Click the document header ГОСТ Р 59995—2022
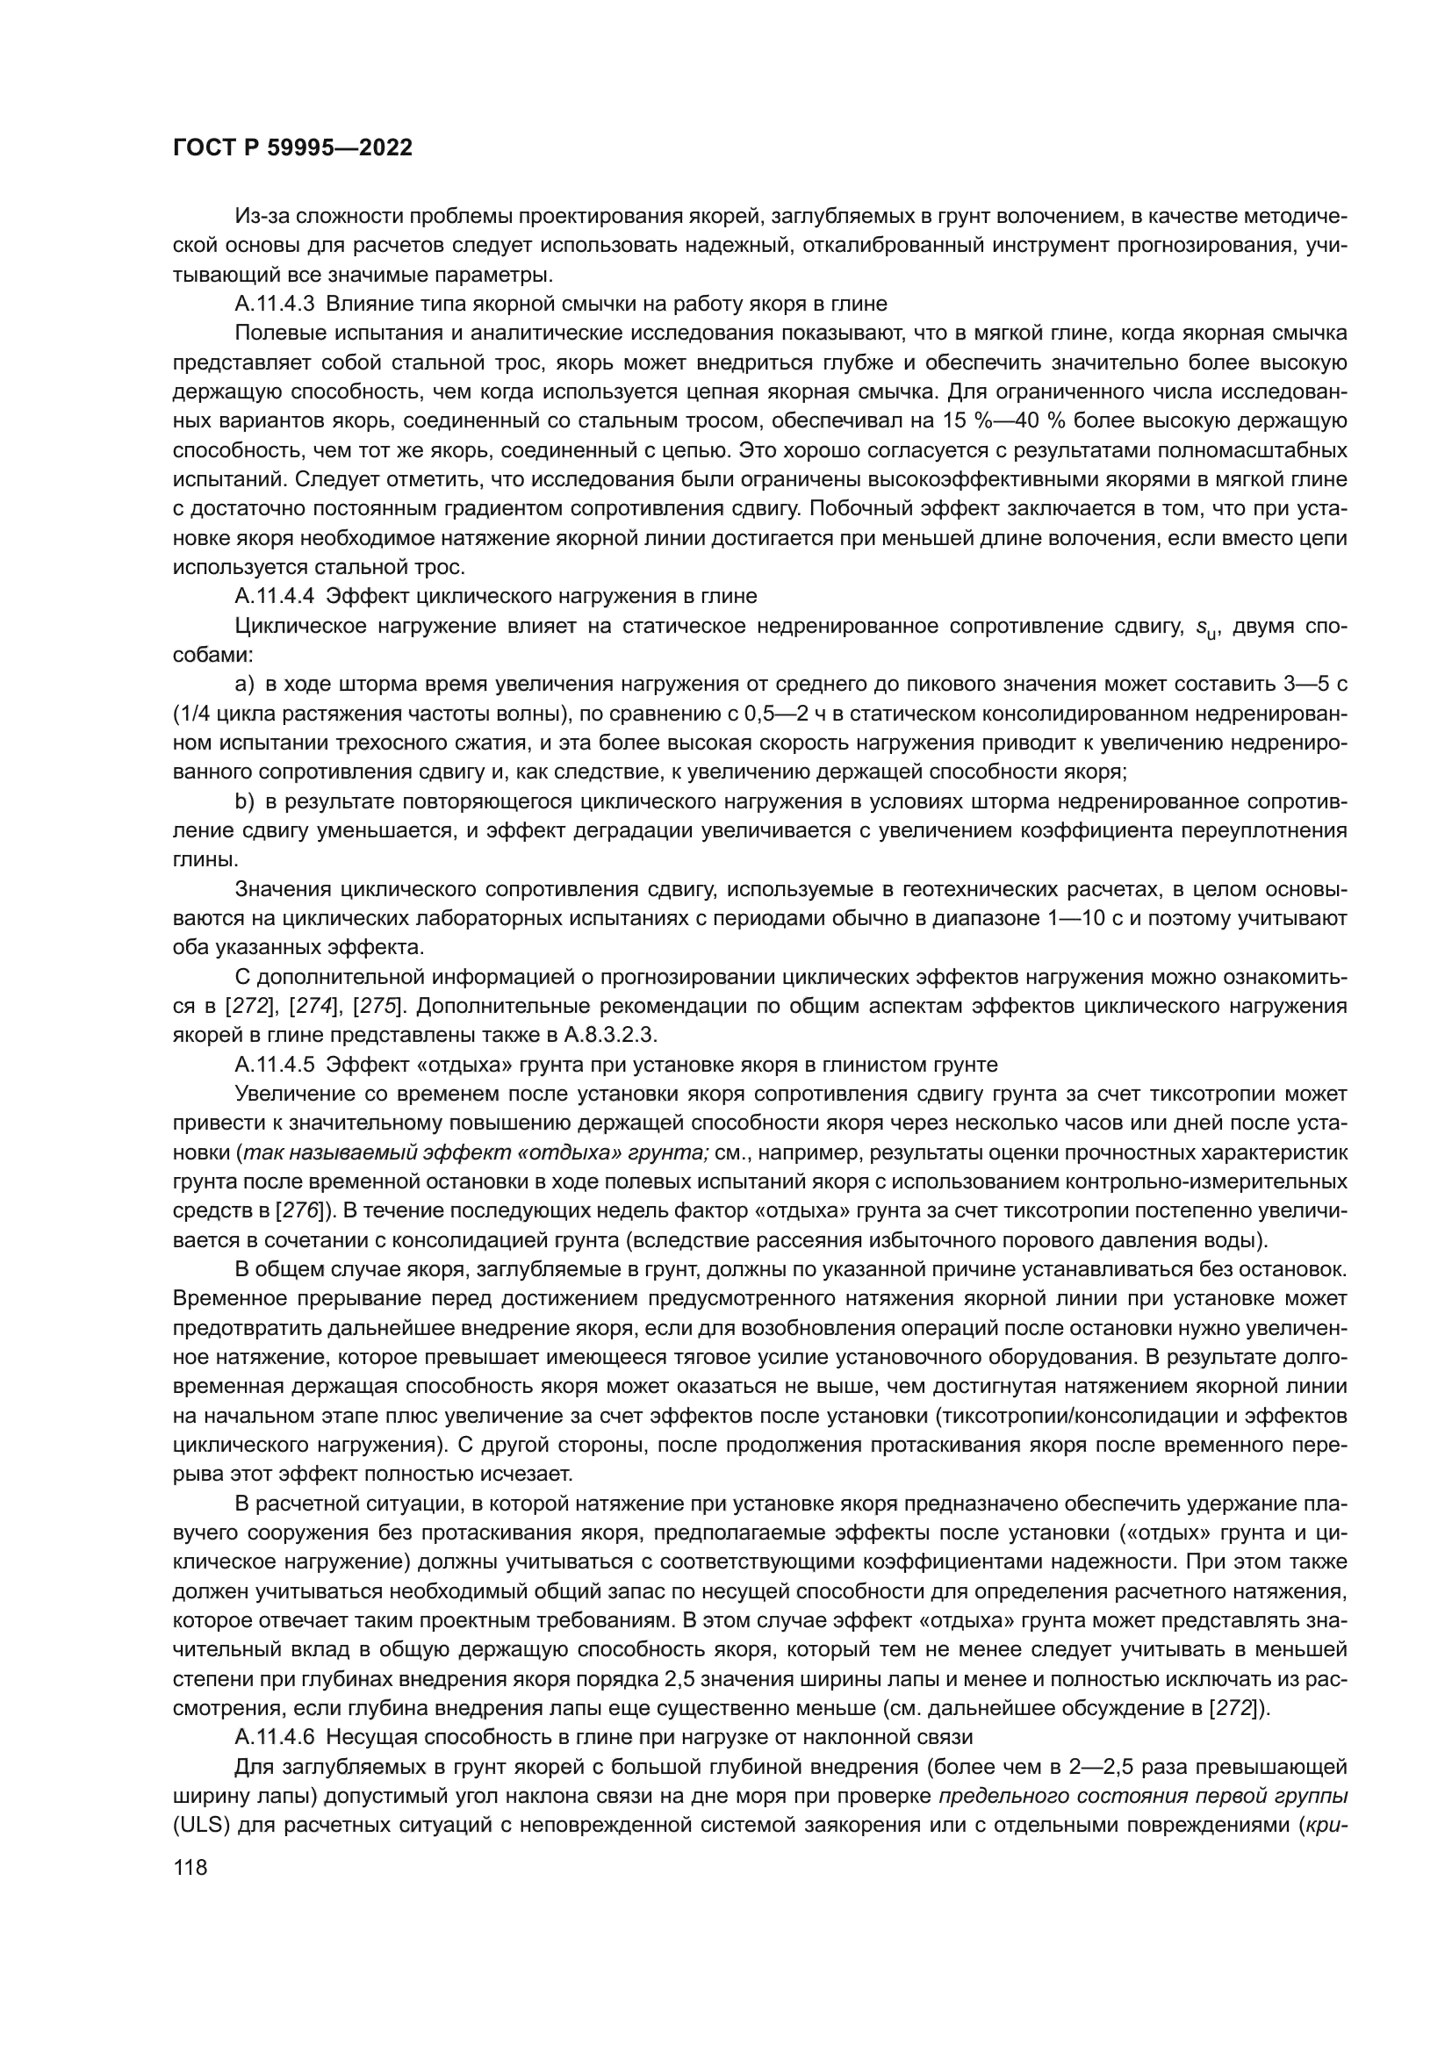(x=292, y=148)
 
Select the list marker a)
(x=245, y=685)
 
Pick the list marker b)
(x=245, y=801)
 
